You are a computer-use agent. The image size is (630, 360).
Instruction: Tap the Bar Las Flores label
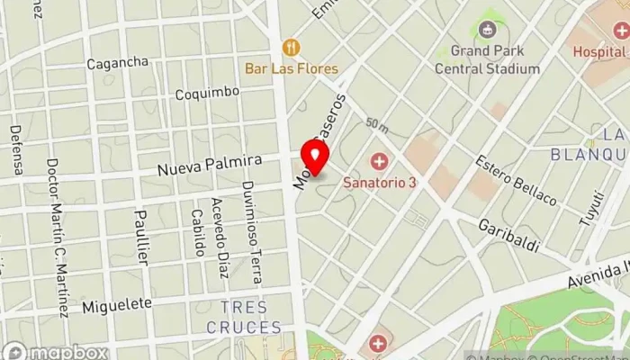(x=292, y=68)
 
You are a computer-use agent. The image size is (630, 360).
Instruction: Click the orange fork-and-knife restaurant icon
(x=291, y=47)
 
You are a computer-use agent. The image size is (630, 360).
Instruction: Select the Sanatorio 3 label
(x=380, y=181)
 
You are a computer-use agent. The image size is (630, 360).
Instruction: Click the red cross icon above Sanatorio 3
(x=380, y=162)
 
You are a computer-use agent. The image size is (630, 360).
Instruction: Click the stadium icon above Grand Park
(x=488, y=31)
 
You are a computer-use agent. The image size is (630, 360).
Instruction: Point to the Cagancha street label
(x=117, y=63)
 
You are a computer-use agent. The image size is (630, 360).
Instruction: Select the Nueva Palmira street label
(x=209, y=165)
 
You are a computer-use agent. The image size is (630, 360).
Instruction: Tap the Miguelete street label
(x=117, y=305)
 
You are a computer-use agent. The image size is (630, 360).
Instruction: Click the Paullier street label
(x=141, y=237)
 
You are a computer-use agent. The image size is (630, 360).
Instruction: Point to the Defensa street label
(x=16, y=148)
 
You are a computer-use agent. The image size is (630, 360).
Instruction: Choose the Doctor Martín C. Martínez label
(x=58, y=238)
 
